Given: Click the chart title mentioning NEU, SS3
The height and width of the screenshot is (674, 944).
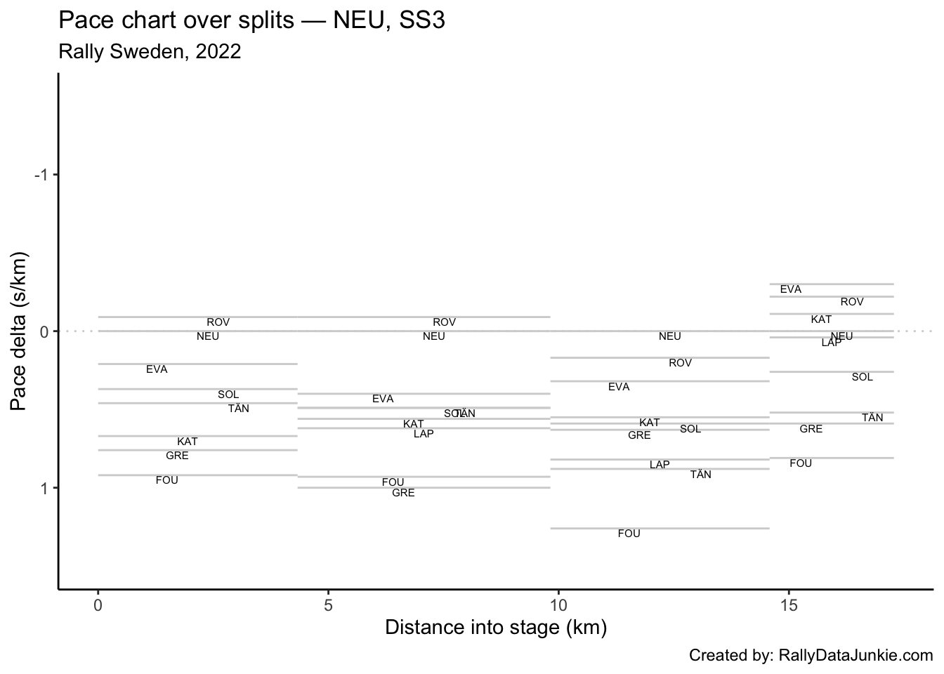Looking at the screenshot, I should click(x=251, y=20).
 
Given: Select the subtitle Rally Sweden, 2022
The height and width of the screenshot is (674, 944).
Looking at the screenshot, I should click(x=150, y=51).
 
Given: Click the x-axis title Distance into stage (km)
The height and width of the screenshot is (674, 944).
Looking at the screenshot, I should click(x=496, y=627).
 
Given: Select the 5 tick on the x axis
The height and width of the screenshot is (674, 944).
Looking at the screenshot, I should click(x=328, y=605).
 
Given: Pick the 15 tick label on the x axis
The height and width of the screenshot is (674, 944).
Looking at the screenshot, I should click(x=789, y=605).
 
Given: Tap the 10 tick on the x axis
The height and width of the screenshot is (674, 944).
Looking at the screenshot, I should click(x=558, y=605).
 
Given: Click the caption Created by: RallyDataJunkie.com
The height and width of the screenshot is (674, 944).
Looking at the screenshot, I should click(x=811, y=656).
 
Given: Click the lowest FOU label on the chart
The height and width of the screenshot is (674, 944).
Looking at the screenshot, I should click(x=629, y=534).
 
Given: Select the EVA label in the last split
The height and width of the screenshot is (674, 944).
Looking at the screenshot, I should click(x=790, y=289).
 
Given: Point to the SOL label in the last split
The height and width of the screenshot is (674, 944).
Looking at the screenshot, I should click(x=862, y=377).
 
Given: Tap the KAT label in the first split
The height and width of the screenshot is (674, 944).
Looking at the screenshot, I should click(x=187, y=442).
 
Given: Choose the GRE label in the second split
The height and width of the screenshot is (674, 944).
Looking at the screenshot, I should click(x=403, y=493).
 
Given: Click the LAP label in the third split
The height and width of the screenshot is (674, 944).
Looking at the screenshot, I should click(x=660, y=465).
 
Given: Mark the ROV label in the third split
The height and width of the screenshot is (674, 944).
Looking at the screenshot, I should click(x=680, y=363).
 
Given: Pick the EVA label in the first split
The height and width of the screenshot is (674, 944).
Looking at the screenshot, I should click(x=157, y=369).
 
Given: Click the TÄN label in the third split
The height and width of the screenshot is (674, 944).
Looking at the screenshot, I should click(x=700, y=475).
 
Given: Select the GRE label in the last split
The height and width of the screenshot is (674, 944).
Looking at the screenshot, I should click(x=811, y=429).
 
